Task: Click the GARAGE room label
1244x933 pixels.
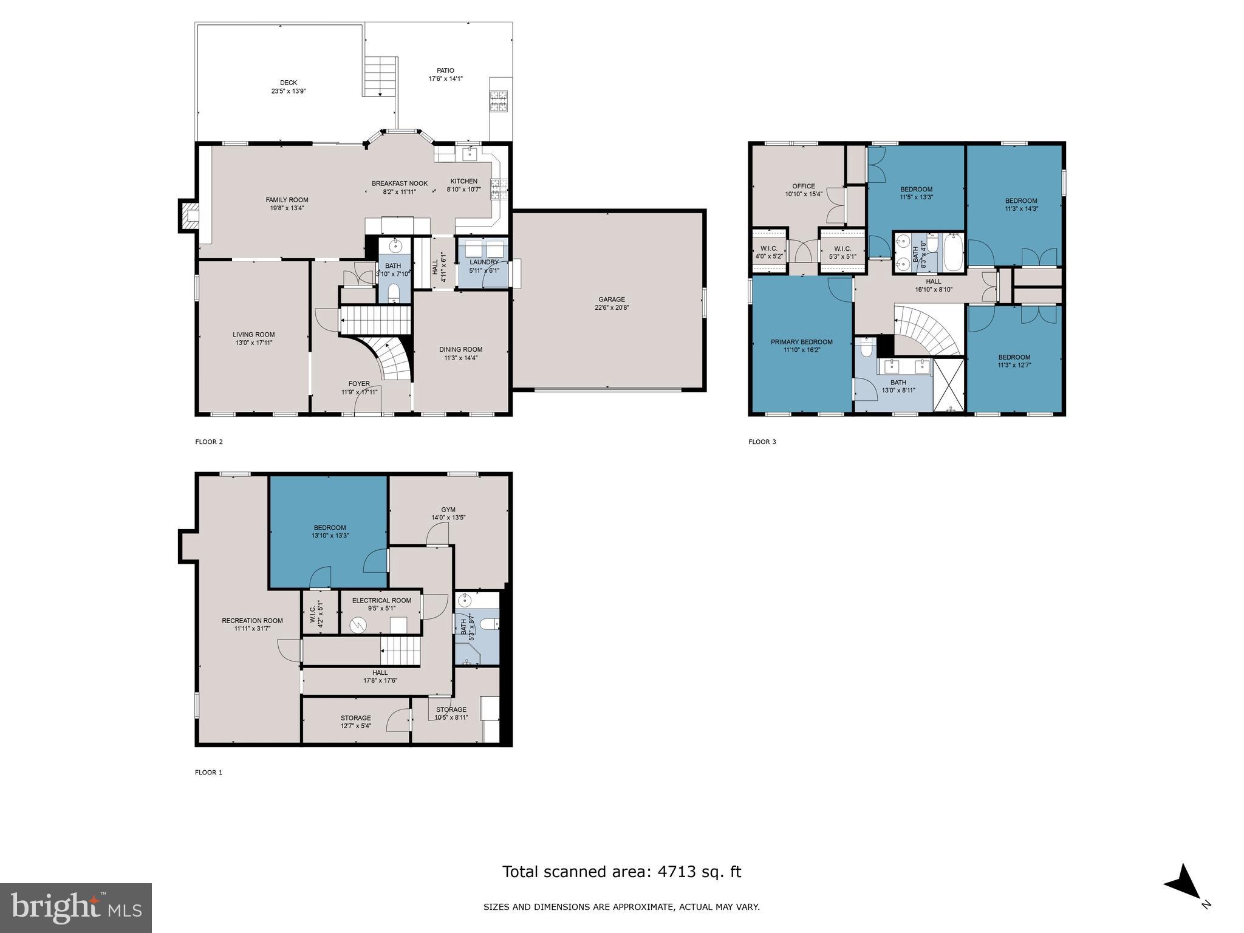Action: click(x=611, y=299)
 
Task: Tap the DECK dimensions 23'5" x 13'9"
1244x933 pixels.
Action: click(x=289, y=92)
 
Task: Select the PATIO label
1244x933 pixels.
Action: click(x=445, y=70)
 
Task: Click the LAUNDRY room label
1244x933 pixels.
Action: click(x=484, y=262)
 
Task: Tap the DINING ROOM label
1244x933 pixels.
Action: click(x=460, y=349)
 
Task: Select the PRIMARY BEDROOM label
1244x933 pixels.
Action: click(x=801, y=342)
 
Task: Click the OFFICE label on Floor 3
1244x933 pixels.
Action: click(x=803, y=186)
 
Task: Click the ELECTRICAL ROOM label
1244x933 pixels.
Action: click(x=381, y=600)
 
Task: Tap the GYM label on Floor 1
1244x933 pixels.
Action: click(x=448, y=510)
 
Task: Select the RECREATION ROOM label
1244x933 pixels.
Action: click(x=252, y=620)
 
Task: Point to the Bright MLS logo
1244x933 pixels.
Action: click(x=76, y=908)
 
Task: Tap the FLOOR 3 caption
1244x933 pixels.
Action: click(x=762, y=442)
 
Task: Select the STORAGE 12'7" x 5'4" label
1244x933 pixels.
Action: click(x=355, y=718)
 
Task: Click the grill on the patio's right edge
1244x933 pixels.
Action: click(x=499, y=101)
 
